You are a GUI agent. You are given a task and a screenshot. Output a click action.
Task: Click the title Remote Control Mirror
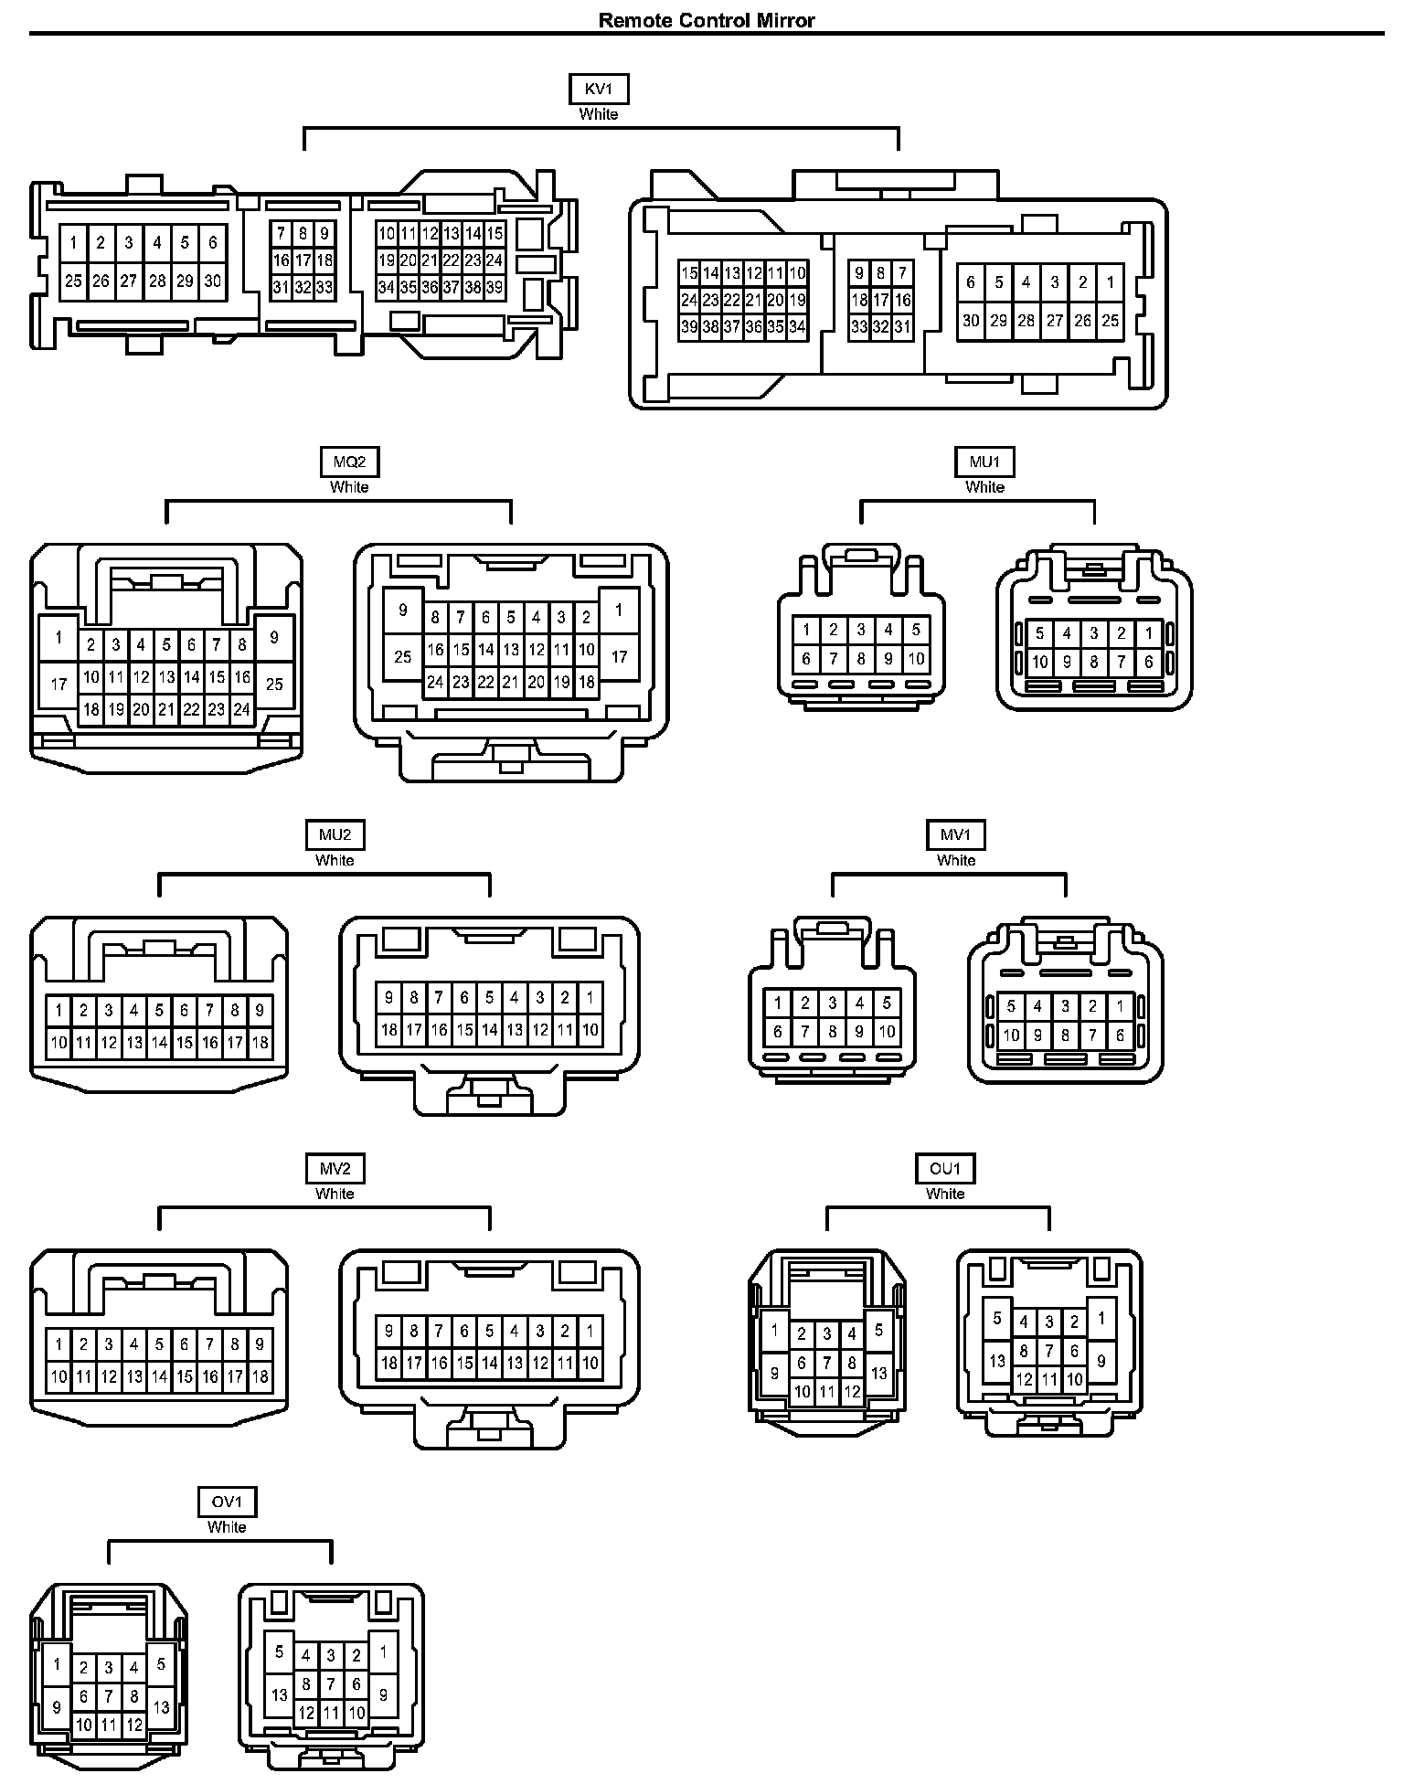707,20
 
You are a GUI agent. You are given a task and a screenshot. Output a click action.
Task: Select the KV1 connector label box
599,90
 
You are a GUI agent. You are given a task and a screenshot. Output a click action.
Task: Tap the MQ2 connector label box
349,462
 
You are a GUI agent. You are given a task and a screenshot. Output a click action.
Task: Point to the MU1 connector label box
984,462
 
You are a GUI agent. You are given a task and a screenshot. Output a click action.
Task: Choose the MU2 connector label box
335,834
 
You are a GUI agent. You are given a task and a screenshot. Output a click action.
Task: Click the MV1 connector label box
956,834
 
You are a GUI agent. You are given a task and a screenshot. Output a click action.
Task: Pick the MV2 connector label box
335,1168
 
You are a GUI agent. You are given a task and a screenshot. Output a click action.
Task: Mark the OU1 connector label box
945,1168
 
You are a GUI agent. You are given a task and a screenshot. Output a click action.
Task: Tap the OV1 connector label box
227,1502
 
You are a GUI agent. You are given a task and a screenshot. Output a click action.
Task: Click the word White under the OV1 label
227,1526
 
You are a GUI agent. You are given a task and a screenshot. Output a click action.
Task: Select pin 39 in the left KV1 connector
495,288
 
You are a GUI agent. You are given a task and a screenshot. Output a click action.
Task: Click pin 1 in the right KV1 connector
1111,282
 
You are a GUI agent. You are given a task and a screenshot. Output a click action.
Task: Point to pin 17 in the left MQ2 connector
58,684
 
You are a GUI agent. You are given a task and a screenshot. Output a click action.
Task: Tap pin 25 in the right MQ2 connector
403,656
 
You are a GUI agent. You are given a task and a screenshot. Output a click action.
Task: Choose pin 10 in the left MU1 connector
916,658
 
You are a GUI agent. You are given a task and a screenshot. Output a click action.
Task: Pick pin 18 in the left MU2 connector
260,1042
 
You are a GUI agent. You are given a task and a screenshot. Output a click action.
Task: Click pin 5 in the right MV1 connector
1011,1007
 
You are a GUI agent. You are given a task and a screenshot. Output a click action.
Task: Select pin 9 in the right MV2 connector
389,1332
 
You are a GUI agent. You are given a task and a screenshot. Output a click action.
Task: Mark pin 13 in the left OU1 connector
879,1373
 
